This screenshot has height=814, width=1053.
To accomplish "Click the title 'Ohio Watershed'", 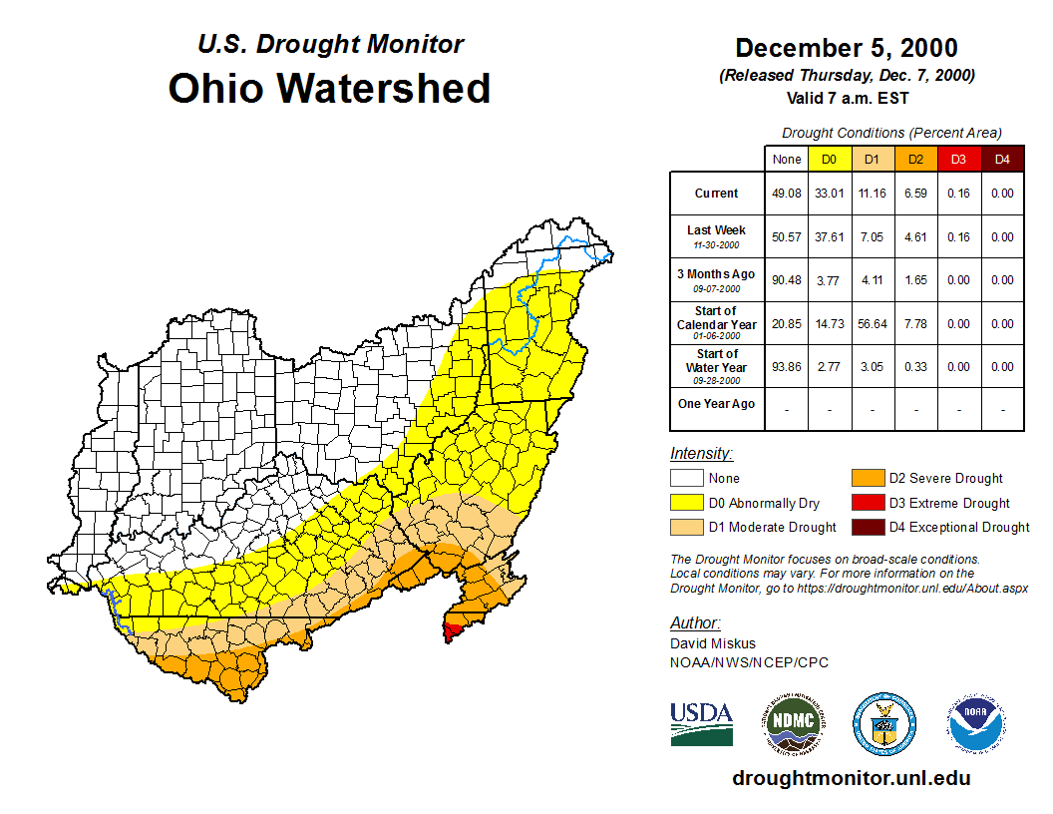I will [329, 88].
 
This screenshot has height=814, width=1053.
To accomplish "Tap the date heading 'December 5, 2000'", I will [846, 48].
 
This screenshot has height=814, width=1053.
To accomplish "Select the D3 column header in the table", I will [958, 159].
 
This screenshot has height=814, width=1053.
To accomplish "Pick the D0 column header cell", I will [830, 159].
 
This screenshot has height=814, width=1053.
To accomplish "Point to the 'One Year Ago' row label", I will [716, 404].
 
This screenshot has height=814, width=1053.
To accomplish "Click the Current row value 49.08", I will [787, 194].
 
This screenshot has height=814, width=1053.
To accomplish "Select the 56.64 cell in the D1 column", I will [873, 324].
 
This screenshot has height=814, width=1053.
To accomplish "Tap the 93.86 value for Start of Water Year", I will [787, 367].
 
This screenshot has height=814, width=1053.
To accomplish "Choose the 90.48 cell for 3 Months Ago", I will [787, 280].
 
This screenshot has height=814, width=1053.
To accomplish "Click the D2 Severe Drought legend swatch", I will [867, 479].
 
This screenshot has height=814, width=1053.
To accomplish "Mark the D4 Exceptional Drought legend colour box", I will [867, 527].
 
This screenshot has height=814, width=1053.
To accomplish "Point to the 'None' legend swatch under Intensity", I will [687, 479].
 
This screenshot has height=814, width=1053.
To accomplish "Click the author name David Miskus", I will [712, 643].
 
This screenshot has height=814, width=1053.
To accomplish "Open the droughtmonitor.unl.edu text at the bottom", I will [851, 778].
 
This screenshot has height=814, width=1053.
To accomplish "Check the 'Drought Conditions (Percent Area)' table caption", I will [891, 132].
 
